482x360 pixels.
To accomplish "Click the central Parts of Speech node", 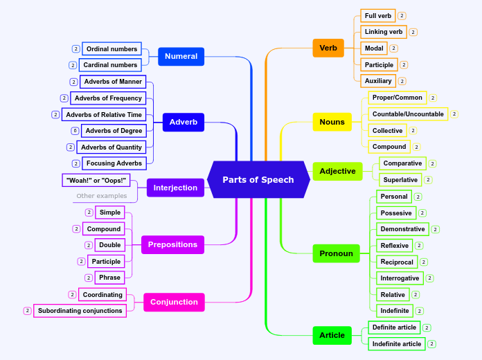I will [x=258, y=179].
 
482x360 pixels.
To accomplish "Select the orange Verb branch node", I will [x=328, y=48].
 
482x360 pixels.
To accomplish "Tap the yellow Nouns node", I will [x=332, y=122].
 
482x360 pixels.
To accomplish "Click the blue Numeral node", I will [x=181, y=56].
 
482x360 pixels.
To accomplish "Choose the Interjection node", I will [x=176, y=188].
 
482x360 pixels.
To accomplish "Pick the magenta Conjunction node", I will [x=174, y=302].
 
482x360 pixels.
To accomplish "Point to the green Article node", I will [x=332, y=335].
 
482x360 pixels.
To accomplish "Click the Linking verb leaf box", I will [x=384, y=32].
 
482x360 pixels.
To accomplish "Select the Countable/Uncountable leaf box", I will [x=408, y=114].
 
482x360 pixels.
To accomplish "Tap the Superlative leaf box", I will [x=400, y=180].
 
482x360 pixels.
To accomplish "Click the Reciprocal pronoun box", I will [x=397, y=262].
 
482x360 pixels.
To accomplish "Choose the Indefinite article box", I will [x=396, y=343].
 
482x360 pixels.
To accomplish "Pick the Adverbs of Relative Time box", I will [x=104, y=114].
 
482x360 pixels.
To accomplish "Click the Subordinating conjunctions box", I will [x=80, y=311].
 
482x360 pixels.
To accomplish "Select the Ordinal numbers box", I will [x=111, y=49].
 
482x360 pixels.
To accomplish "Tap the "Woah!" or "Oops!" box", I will [x=96, y=180].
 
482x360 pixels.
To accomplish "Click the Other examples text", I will [x=102, y=196].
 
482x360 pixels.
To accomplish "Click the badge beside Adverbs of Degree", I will [x=75, y=131].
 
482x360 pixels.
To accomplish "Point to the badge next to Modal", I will [x=393, y=48].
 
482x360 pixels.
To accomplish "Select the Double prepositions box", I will [x=109, y=245].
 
